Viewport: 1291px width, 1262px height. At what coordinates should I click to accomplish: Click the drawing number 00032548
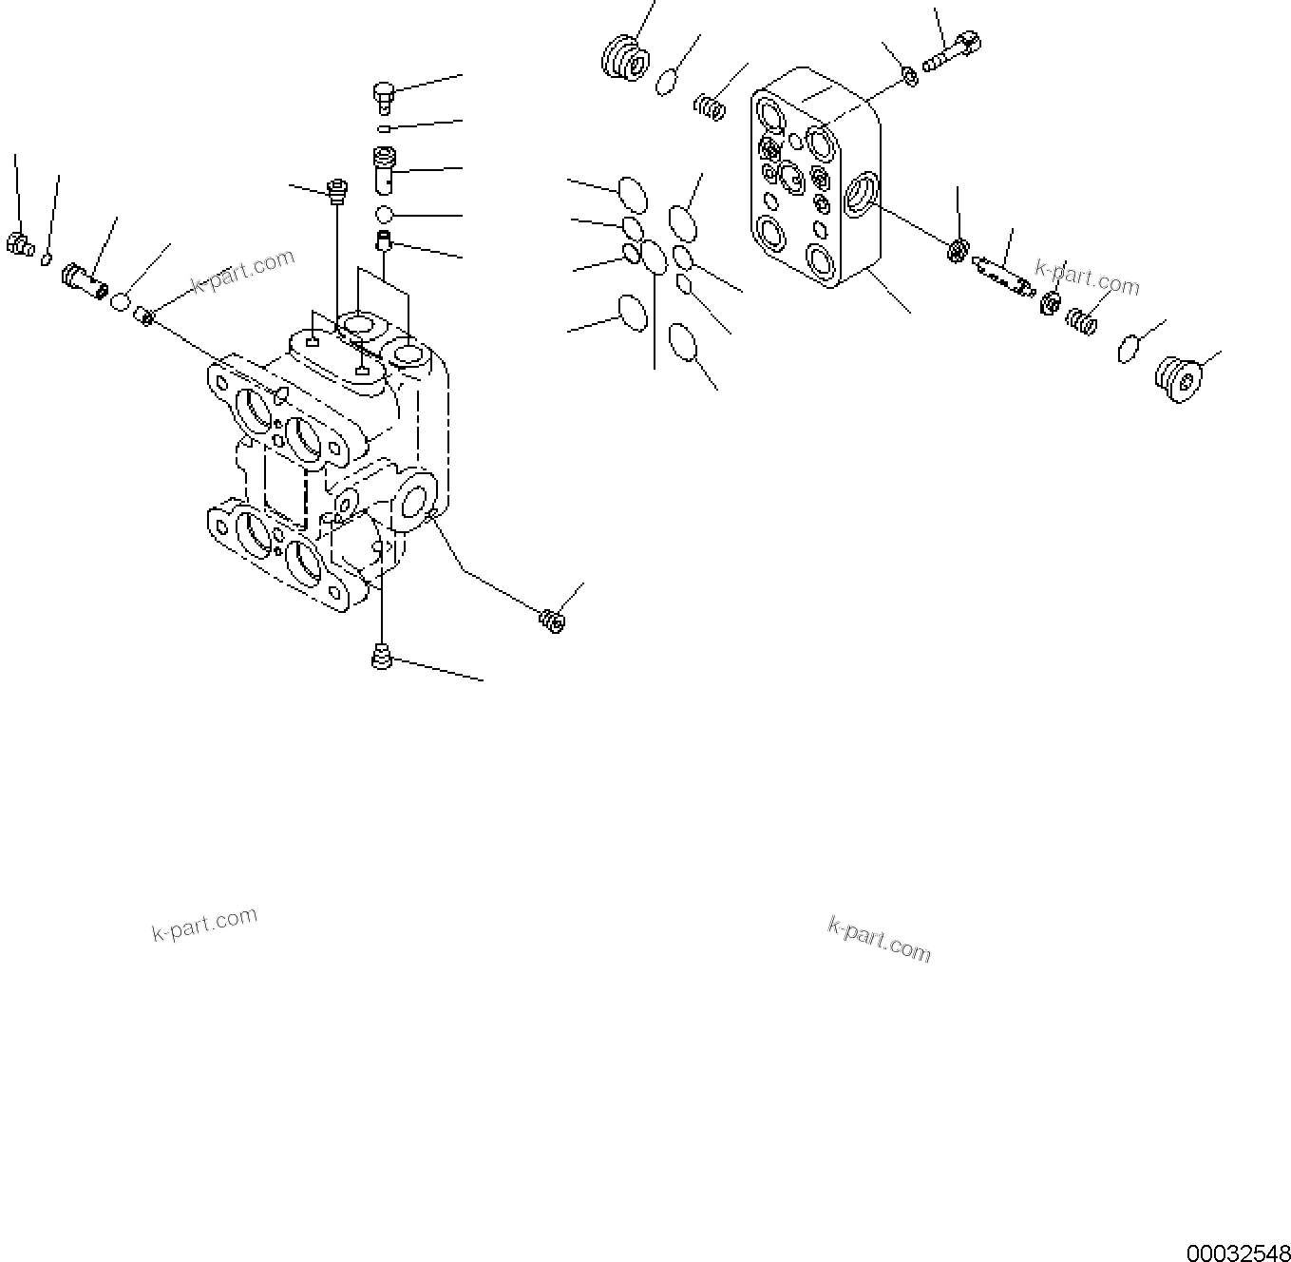(1237, 1252)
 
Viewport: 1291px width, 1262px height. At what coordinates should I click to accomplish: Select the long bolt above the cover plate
(952, 52)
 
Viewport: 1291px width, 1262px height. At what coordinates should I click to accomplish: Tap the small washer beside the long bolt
(909, 75)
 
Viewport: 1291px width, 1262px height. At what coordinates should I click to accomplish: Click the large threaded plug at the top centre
(624, 59)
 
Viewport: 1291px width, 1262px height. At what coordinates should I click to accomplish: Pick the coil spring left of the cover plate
(709, 107)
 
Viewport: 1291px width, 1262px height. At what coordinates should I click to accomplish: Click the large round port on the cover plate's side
(863, 197)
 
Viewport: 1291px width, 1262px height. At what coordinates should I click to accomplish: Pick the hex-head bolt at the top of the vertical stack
(383, 95)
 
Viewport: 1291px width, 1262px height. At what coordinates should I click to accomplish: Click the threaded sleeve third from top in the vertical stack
(386, 167)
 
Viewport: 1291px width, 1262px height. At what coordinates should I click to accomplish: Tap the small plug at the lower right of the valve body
(551, 621)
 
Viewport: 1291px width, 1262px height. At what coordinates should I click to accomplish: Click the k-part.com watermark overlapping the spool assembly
(1087, 278)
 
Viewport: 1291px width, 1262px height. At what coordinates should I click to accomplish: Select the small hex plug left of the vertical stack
(334, 190)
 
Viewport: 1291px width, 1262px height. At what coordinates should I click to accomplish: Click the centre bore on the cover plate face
(791, 176)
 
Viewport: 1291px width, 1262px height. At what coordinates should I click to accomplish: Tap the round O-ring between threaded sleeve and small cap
(384, 213)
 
